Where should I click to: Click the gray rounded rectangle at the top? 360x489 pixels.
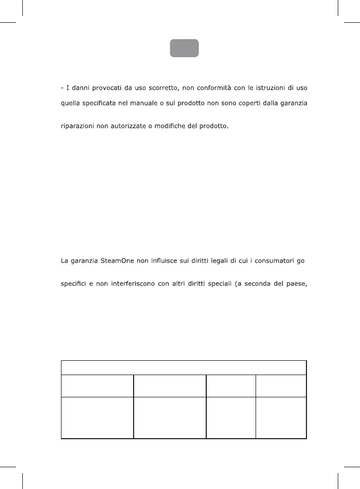[x=184, y=48]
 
